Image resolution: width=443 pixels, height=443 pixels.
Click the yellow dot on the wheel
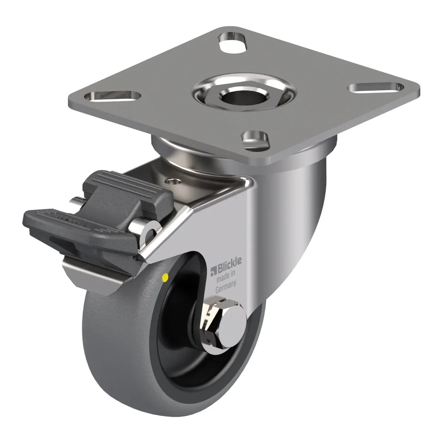click(x=165, y=278)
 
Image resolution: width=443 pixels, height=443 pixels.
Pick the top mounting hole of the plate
click(x=233, y=41)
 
